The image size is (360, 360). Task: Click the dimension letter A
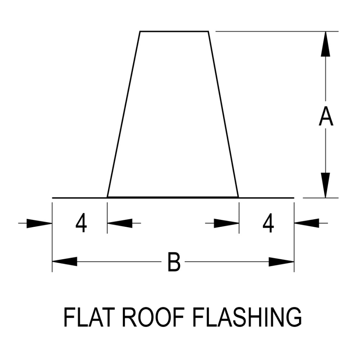pyautogui.click(x=326, y=118)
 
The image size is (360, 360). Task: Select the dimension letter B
pyautogui.click(x=174, y=262)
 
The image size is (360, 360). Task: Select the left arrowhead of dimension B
pyautogui.click(x=64, y=262)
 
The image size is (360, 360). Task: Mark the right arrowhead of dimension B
pyautogui.click(x=282, y=262)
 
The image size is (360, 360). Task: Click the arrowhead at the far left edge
pyautogui.click(x=40, y=223)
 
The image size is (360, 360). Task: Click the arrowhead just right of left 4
pyautogui.click(x=120, y=223)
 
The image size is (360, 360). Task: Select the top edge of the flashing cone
pyautogui.click(x=174, y=31)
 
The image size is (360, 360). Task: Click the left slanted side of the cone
pyautogui.click(x=124, y=114)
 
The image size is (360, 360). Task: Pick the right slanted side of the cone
pyautogui.click(x=224, y=114)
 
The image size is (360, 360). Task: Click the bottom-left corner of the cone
pyautogui.click(x=108, y=197)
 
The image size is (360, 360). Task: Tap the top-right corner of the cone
pyautogui.click(x=208, y=31)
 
